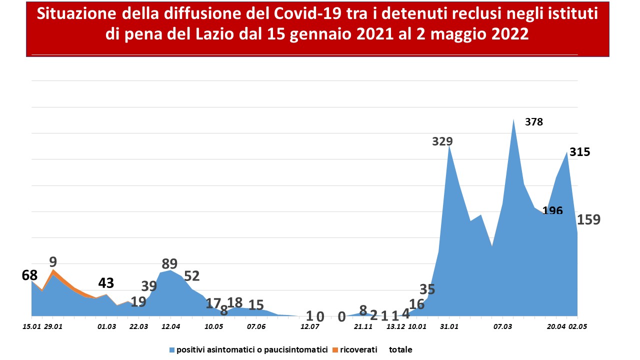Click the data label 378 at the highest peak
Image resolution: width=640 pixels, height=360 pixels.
tap(533, 122)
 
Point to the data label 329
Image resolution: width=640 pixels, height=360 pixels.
tap(442, 141)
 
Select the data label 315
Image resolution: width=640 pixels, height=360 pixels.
tap(579, 152)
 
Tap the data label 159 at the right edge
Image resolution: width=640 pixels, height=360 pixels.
tap(589, 219)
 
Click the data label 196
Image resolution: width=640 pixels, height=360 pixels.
tap(552, 210)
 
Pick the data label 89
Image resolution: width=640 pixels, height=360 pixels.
tap(169, 263)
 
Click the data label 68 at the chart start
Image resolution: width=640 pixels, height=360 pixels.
tap(29, 275)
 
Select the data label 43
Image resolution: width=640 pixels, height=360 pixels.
tap(106, 283)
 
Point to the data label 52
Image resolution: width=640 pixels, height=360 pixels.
tap(191, 276)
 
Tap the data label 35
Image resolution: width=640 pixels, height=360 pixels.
tap(427, 289)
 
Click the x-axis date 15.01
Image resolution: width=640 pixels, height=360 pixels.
tap(31, 326)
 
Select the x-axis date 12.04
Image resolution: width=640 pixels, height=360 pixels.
tap(171, 326)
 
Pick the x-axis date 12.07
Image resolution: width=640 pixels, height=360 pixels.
tap(309, 326)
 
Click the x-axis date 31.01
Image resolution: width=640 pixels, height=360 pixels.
tap(449, 326)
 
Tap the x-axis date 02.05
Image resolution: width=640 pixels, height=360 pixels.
tap(577, 326)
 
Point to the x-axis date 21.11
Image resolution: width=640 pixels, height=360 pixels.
tap(363, 326)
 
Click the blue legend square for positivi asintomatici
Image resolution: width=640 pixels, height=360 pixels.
tap(172, 350)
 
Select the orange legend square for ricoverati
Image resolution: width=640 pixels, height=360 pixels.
tap(335, 350)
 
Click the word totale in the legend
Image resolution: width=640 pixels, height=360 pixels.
tap(400, 349)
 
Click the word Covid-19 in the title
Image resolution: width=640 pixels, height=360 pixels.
tap(307, 13)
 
